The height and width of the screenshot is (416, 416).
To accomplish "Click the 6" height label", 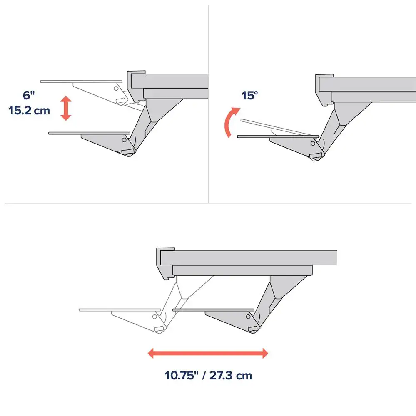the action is click(28, 95).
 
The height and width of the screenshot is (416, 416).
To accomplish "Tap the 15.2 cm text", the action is click(29, 110).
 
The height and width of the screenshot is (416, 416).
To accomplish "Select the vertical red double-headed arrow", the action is click(66, 108).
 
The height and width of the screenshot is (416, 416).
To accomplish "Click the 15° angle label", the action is click(249, 96).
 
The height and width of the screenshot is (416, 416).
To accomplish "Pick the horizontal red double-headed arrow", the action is click(208, 353).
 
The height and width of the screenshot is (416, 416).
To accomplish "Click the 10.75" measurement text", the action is click(182, 375).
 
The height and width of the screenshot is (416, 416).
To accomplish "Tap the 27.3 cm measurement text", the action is click(231, 375).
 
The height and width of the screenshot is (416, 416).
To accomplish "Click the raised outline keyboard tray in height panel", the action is click(81, 82).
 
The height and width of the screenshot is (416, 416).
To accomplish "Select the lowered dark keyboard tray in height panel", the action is click(89, 133).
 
